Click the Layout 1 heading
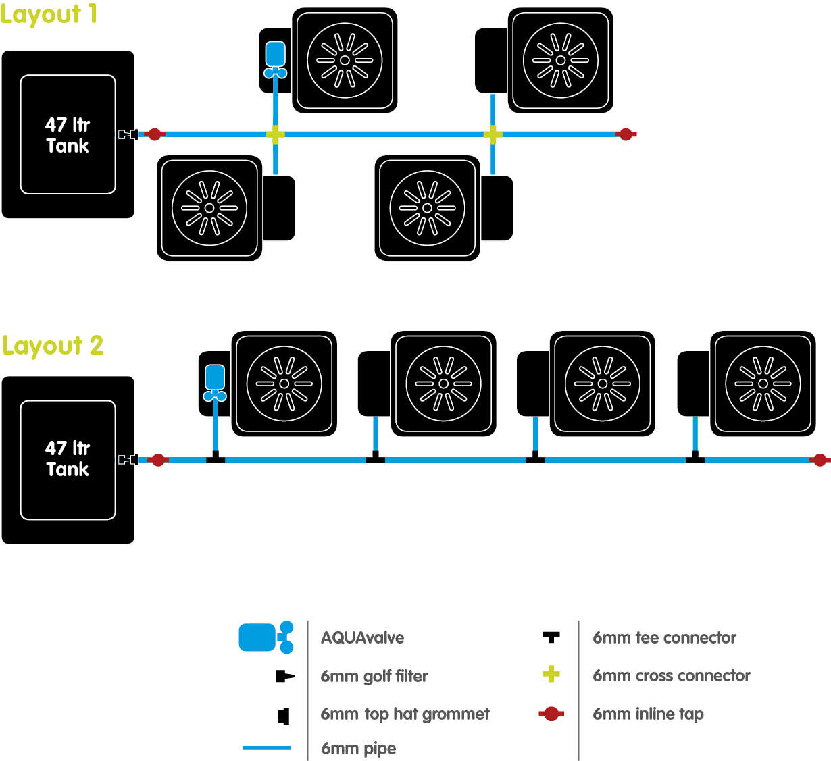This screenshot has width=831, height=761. [x=49, y=15]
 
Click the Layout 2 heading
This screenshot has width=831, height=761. [x=53, y=346]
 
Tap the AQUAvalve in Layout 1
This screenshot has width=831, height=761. [x=275, y=59]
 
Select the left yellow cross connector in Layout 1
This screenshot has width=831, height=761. [x=275, y=134]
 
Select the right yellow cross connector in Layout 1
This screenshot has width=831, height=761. [x=493, y=134]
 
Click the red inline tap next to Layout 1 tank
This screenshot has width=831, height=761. [x=155, y=134]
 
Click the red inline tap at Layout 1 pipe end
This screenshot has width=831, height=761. [x=626, y=134]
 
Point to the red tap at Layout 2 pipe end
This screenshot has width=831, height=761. [x=820, y=460]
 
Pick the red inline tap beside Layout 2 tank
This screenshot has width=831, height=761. [x=158, y=460]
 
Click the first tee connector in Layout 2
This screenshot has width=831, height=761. [x=216, y=458]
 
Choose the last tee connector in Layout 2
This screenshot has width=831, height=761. [x=695, y=458]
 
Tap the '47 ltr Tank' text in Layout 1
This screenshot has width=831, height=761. [x=68, y=135]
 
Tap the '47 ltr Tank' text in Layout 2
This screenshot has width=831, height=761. [x=68, y=458]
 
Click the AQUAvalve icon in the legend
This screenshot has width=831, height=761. [x=266, y=637]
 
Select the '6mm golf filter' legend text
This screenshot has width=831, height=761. [x=374, y=676]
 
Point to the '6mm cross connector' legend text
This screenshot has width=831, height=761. [x=672, y=675]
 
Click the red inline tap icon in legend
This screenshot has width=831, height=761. [x=551, y=714]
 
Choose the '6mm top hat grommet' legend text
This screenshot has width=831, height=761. [x=405, y=714]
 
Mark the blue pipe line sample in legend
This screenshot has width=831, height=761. [x=267, y=747]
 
